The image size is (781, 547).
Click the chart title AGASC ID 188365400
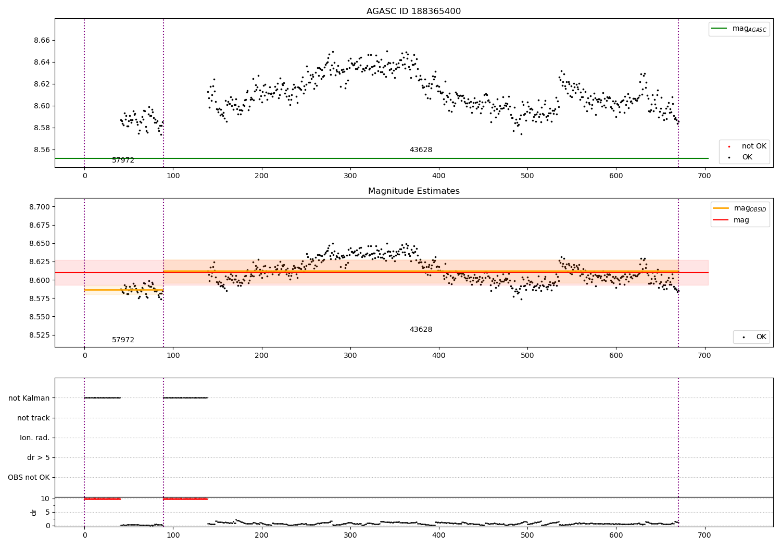413,11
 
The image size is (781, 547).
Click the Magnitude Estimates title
413,191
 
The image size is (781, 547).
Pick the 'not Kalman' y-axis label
29,399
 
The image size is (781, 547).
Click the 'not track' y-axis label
33,418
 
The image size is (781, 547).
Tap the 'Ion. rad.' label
35,438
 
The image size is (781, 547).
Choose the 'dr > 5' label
39,458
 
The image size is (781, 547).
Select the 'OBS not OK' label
29,478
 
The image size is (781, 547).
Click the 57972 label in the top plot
123,160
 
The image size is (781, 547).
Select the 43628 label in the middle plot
421,330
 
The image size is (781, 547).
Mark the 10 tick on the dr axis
45,499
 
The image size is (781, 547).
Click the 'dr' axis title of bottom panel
34,513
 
